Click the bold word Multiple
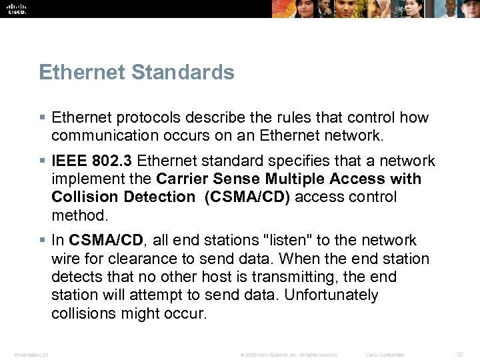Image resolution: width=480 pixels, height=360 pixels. point(297,179)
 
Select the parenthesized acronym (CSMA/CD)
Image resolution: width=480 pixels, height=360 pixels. point(248,197)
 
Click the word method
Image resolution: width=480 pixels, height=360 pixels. point(78,215)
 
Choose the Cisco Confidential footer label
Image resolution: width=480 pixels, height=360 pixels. point(385,355)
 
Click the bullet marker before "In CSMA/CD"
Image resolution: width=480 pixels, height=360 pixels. point(42,241)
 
